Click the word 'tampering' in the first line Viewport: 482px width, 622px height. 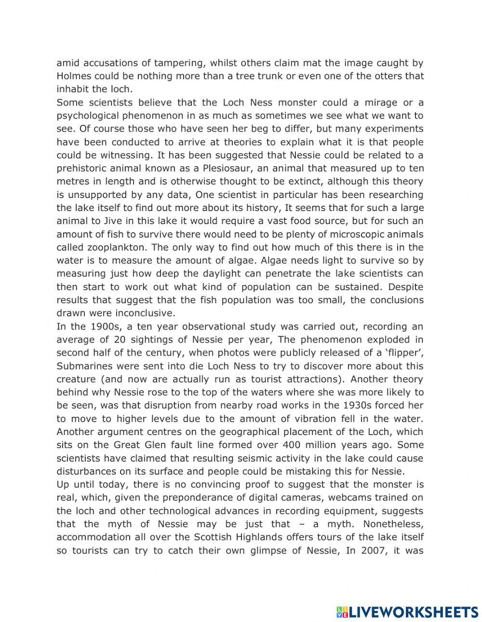(177, 63)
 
